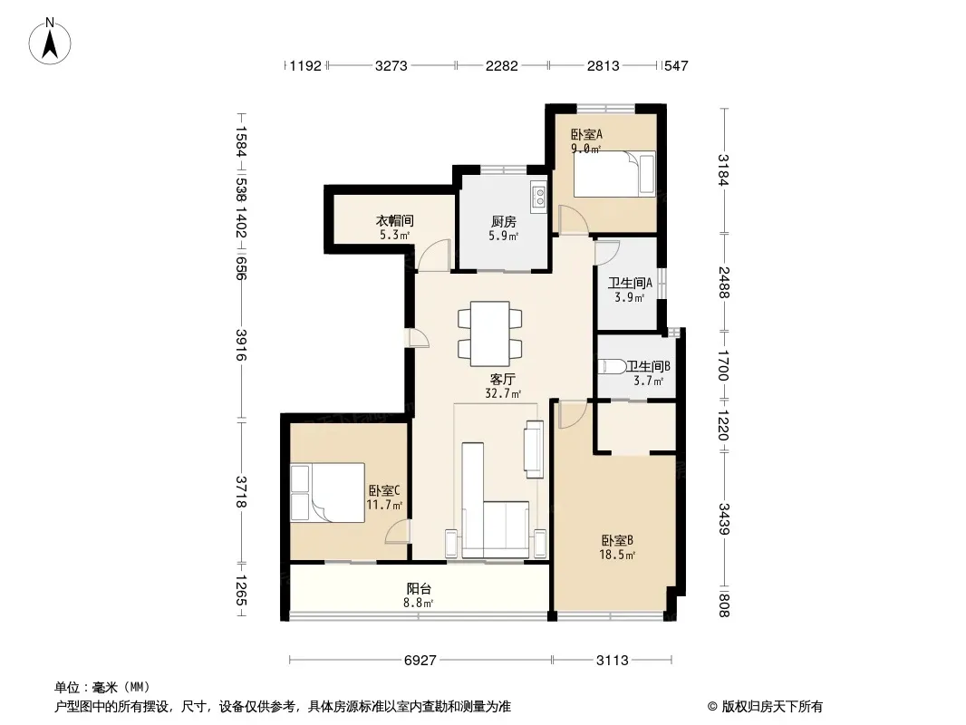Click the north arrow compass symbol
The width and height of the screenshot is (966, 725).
coord(50,42)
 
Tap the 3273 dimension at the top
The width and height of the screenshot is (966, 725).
coord(391,65)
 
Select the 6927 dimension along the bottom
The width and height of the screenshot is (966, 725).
coord(420,661)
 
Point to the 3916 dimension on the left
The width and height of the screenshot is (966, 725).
coord(241,345)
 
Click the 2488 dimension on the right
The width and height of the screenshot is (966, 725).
coord(723,283)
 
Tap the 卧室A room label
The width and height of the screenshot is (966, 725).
coord(586,133)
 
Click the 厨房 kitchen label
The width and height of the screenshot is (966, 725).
coord(503,221)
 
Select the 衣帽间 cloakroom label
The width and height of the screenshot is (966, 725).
coord(394,220)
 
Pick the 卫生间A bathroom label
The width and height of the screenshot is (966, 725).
coord(630,283)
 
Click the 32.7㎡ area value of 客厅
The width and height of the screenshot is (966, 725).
coord(503,393)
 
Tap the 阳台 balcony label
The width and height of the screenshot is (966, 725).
coord(419,588)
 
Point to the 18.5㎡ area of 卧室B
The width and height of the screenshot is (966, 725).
coord(617,555)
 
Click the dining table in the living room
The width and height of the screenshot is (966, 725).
coord(489,333)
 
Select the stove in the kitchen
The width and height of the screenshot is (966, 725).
coord(538,196)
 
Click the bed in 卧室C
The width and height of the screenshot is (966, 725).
coord(328,493)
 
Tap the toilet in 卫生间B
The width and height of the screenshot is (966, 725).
coord(612,366)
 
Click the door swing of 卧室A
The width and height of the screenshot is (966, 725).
coord(573,220)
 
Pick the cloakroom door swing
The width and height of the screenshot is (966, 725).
coord(434,255)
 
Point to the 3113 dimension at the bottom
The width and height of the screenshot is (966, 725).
coord(613,661)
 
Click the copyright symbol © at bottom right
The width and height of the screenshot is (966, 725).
coord(712,707)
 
